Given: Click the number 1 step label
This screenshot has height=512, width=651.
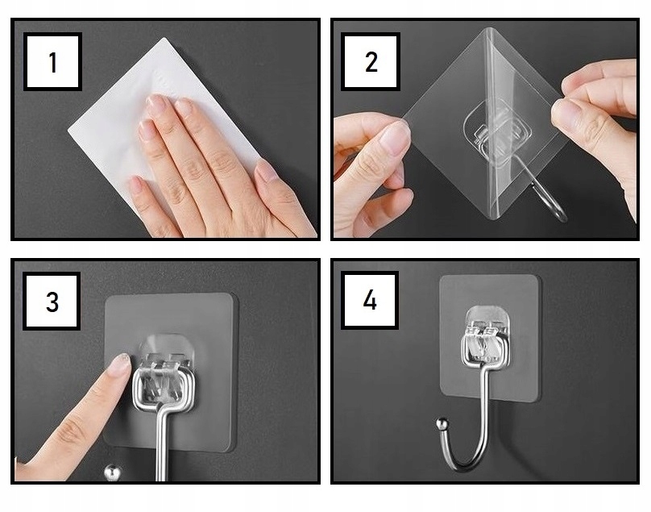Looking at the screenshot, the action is coord(52,61).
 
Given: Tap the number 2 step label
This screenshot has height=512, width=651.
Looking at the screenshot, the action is coord(371,61).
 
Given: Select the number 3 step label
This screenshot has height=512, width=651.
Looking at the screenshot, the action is coord(52,302).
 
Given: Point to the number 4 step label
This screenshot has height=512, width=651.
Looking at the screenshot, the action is coord(370,300).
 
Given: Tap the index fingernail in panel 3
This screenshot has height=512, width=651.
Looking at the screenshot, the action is coord(121,364).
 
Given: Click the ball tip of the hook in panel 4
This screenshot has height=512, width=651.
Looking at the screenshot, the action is coord(442,425).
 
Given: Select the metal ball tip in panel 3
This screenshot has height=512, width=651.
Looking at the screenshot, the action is coord(112,473).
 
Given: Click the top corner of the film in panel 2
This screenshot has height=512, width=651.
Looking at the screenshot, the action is coord(490,29).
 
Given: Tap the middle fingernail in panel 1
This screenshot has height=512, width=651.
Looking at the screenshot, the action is coord(183,106).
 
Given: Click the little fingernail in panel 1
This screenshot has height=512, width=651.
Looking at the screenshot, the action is coord(135,183).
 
